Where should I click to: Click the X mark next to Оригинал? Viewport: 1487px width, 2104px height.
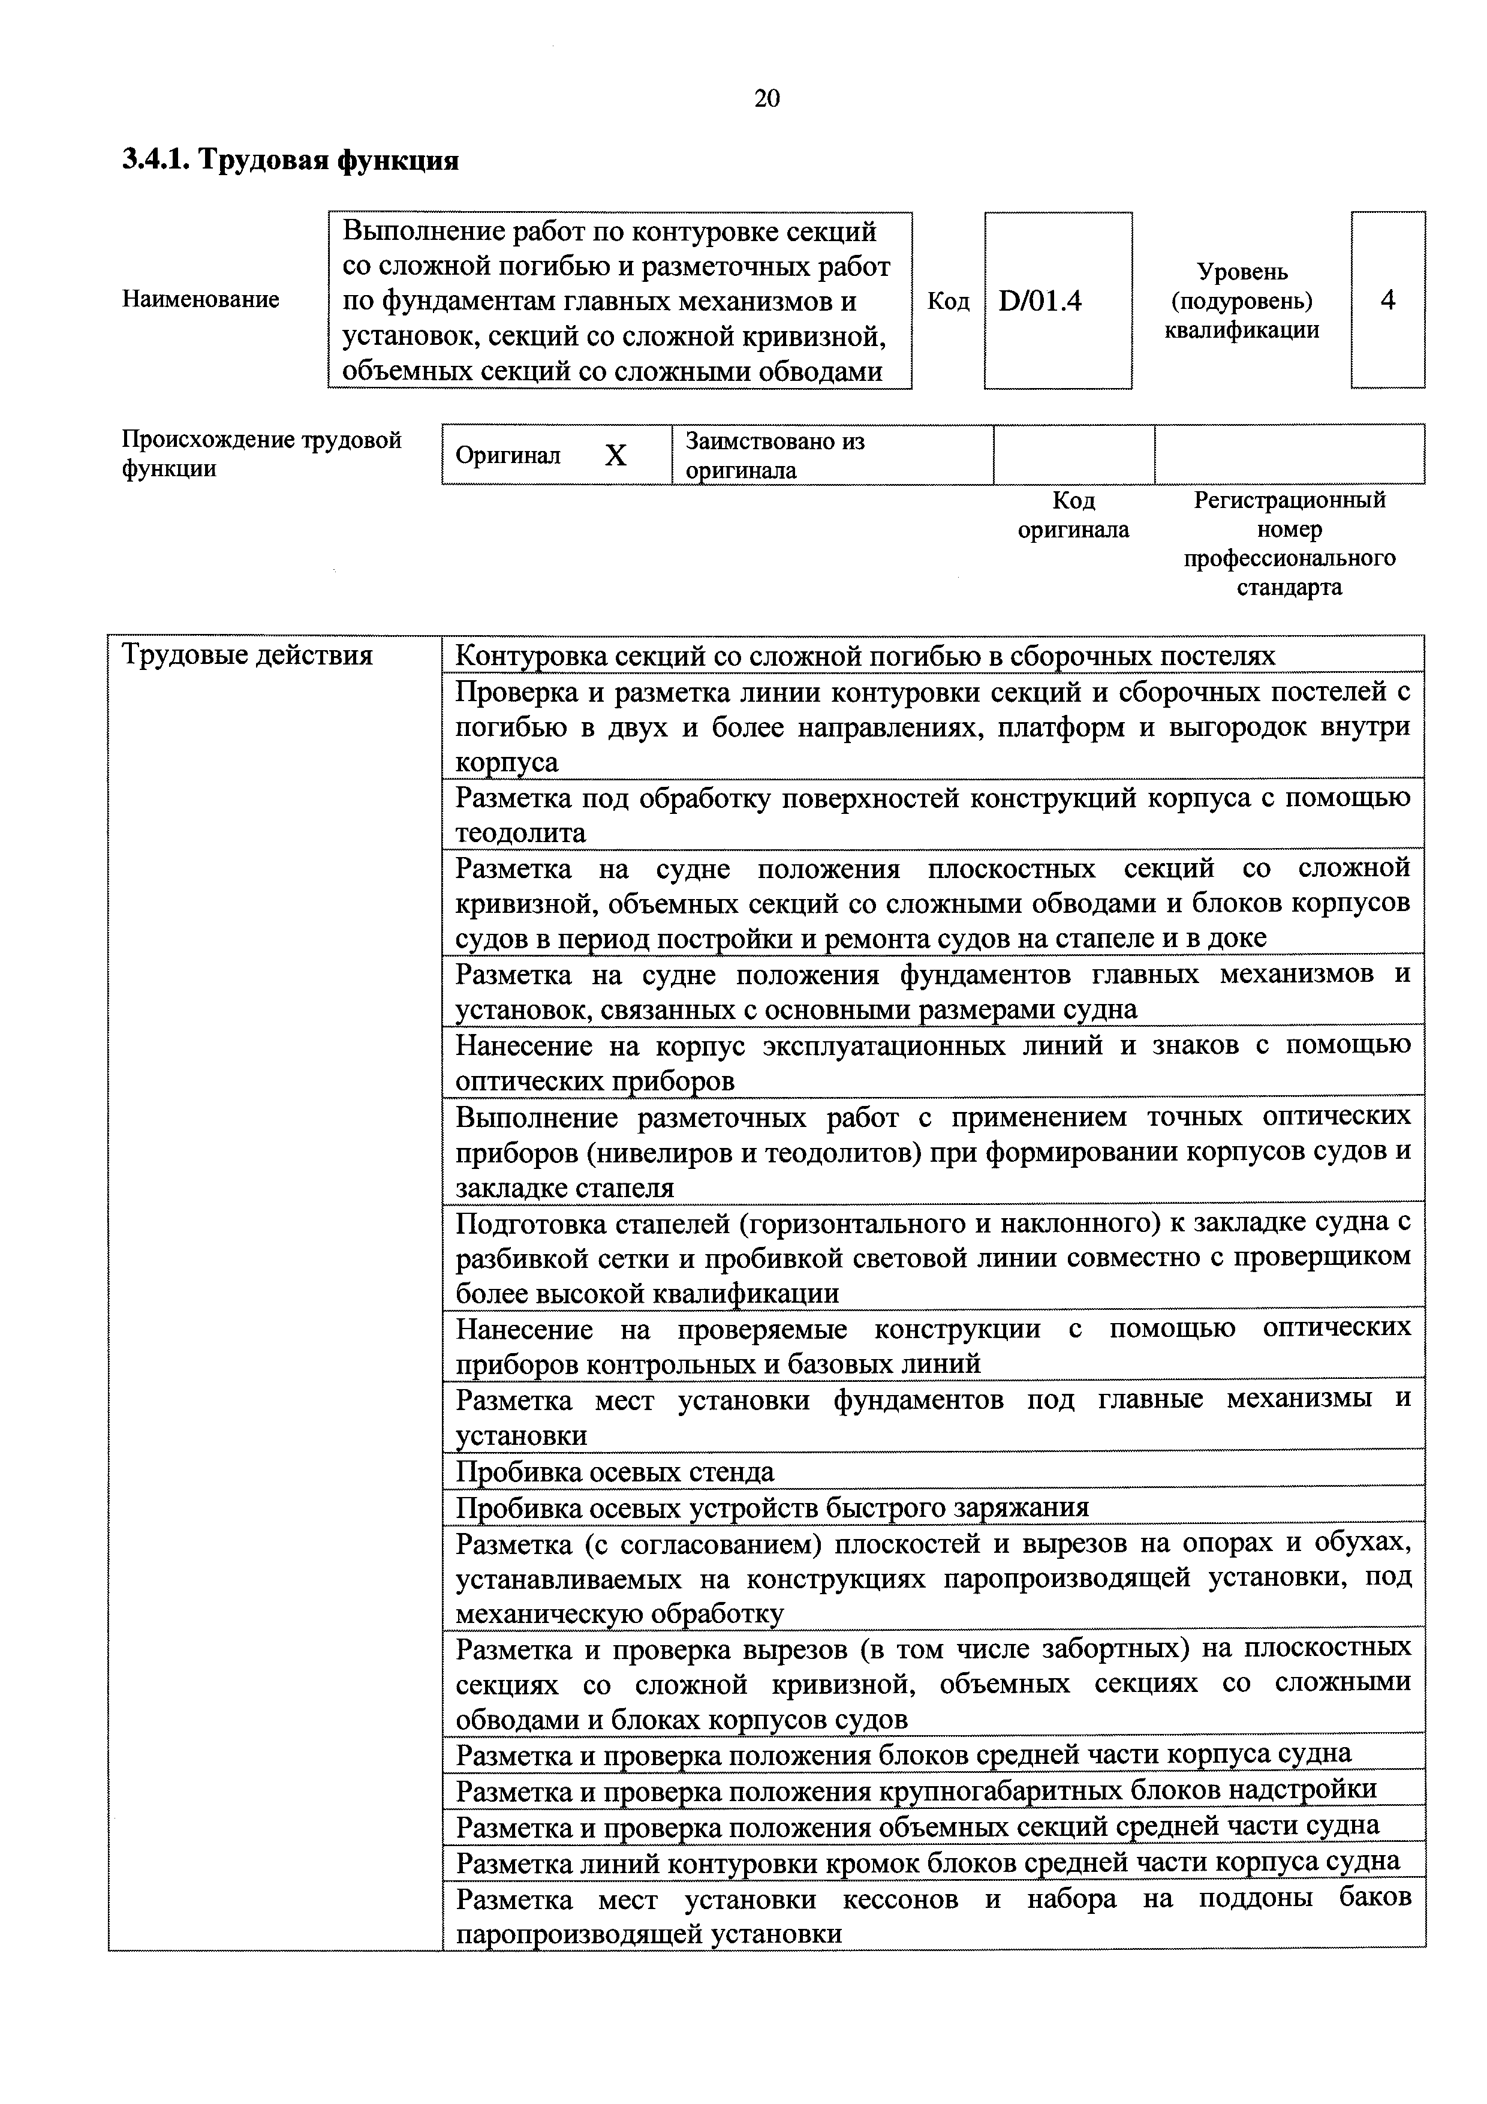point(616,455)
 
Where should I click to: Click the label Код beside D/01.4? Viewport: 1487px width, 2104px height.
point(949,302)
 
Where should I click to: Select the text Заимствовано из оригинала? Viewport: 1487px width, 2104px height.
point(775,455)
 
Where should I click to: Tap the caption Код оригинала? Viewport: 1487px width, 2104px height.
point(1074,515)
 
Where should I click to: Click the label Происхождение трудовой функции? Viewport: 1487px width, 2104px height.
point(261,455)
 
